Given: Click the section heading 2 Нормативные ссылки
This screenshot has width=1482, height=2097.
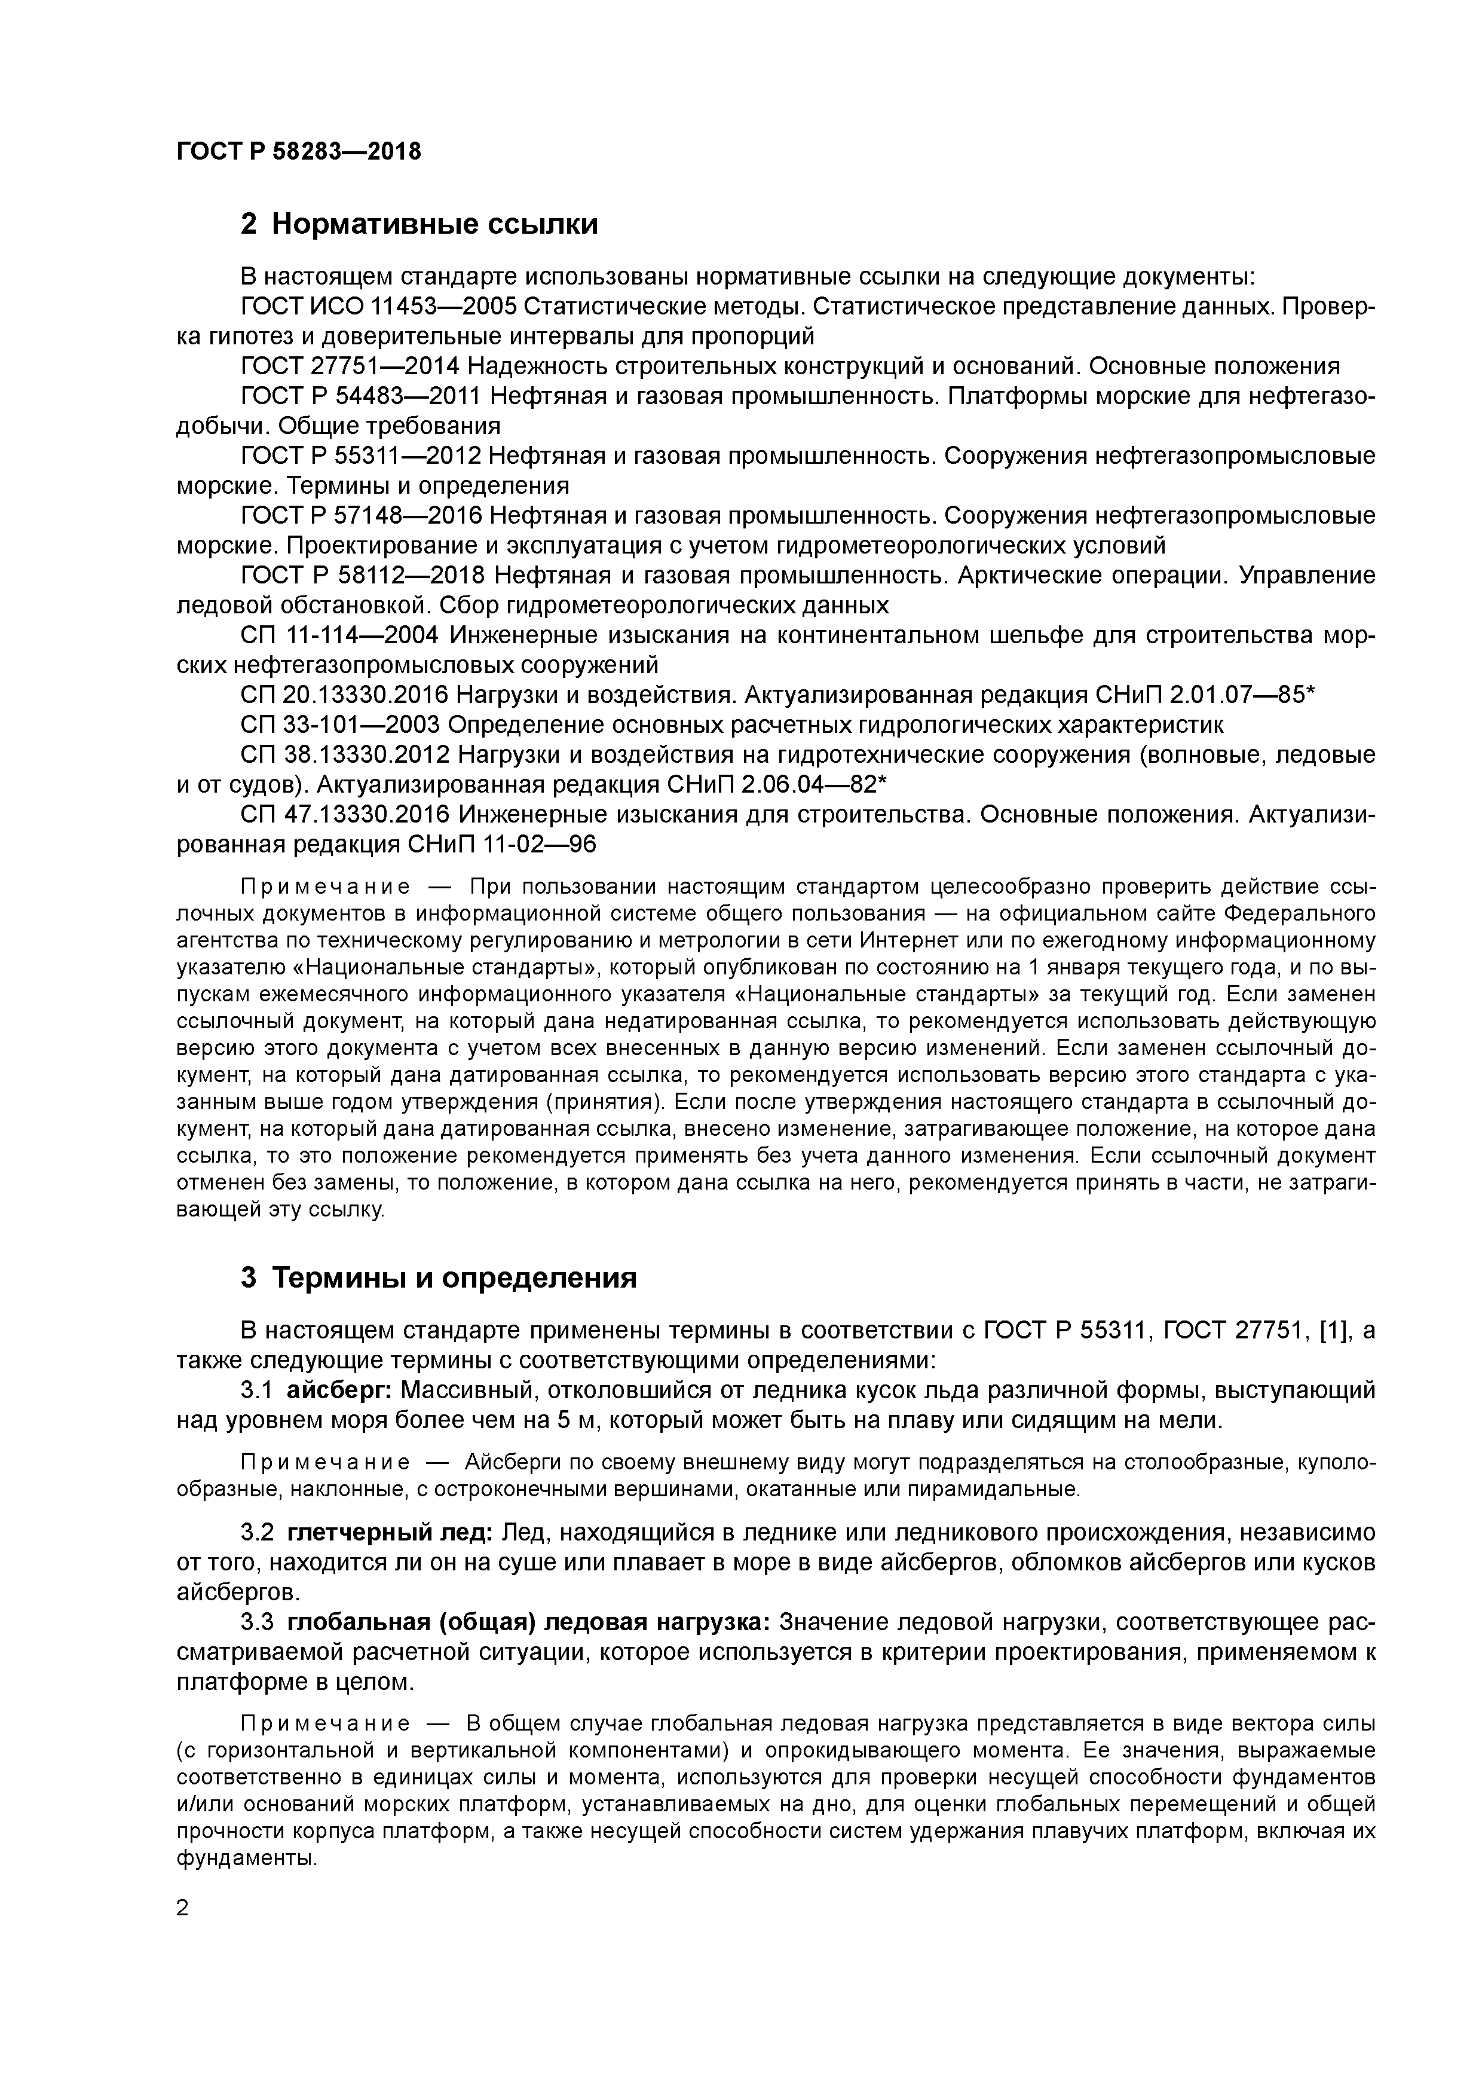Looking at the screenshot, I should point(419,224).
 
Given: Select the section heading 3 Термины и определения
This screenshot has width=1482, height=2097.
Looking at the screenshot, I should point(438,1277).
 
